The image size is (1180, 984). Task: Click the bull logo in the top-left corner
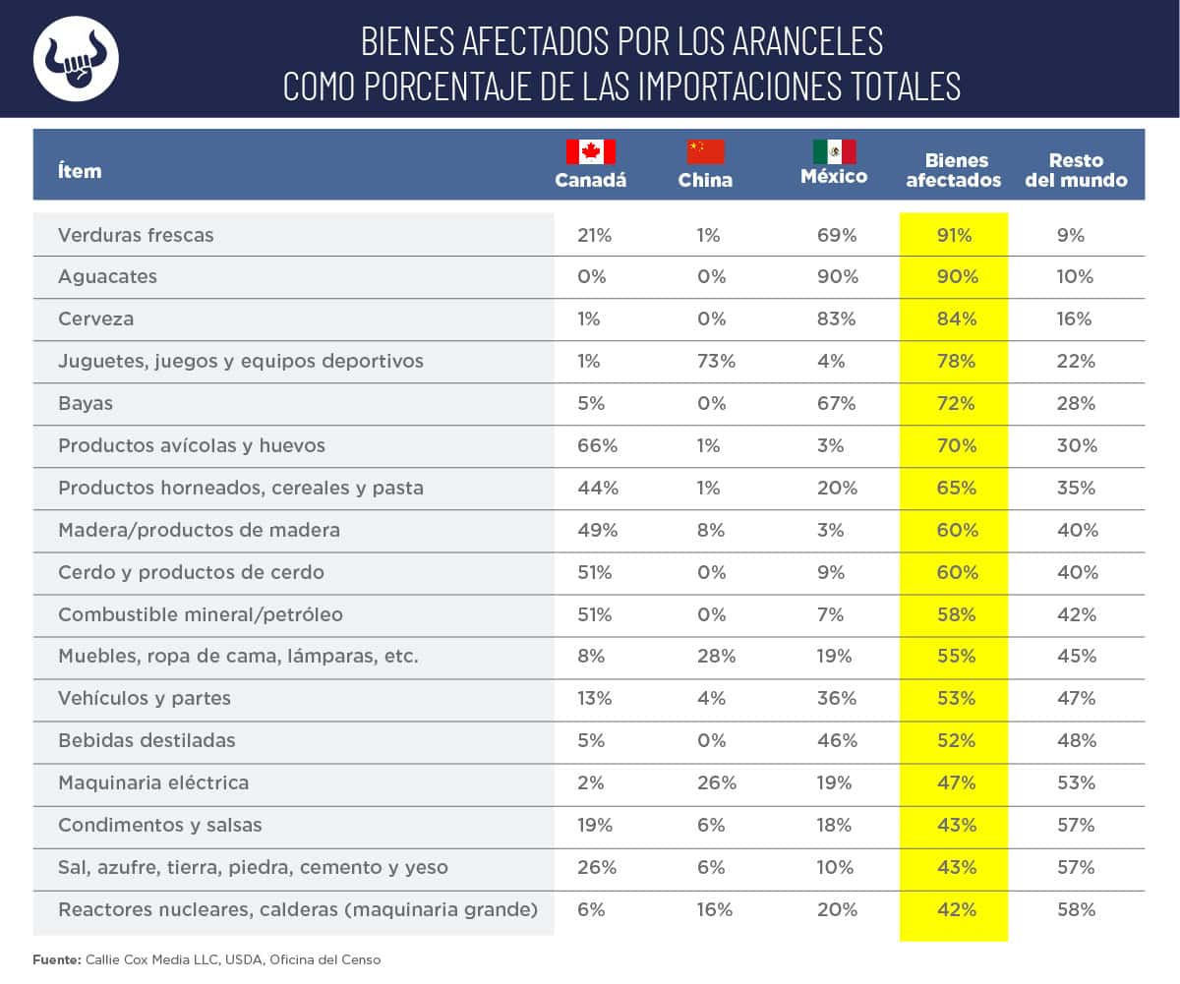pyautogui.click(x=76, y=58)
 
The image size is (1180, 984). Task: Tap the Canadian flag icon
pyautogui.click(x=590, y=151)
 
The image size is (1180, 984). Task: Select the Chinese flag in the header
pyautogui.click(x=705, y=151)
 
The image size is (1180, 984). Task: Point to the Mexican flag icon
pyautogui.click(x=834, y=151)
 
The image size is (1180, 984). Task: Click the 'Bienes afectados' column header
pyautogui.click(x=954, y=170)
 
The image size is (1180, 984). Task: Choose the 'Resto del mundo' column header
pyautogui.click(x=1076, y=170)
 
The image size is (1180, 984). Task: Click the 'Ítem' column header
pyautogui.click(x=80, y=171)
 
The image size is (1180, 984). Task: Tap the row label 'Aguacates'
pyautogui.click(x=107, y=277)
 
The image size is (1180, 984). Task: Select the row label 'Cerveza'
pyautogui.click(x=95, y=319)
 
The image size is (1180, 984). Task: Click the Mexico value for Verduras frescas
pyautogui.click(x=837, y=236)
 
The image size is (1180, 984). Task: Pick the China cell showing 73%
pyautogui.click(x=716, y=361)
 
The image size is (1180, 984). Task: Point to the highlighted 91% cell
pyautogui.click(x=953, y=236)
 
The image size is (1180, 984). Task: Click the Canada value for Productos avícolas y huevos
pyautogui.click(x=598, y=445)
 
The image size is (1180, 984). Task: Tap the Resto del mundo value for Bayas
pyautogui.click(x=1076, y=404)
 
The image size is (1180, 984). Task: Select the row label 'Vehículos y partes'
pyautogui.click(x=144, y=699)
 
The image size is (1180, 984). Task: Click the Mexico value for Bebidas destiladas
pyautogui.click(x=837, y=740)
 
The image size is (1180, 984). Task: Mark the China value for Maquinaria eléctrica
pyautogui.click(x=716, y=782)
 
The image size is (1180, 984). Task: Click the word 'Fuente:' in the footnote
pyautogui.click(x=56, y=959)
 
